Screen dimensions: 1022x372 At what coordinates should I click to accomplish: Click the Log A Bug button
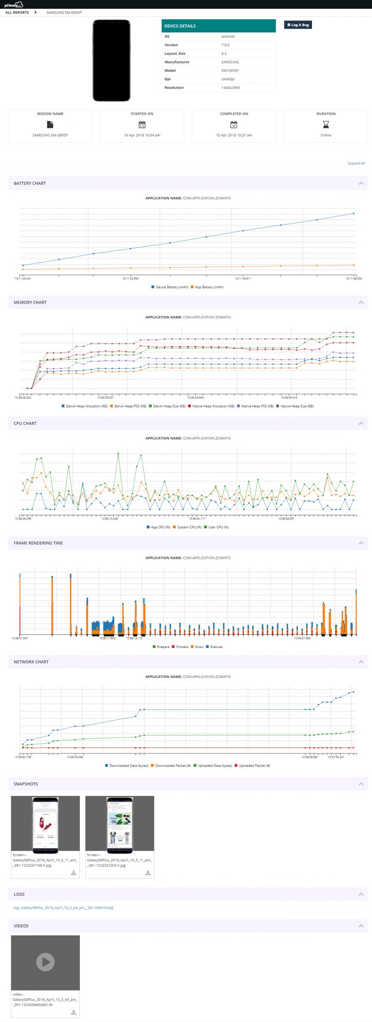click(x=298, y=25)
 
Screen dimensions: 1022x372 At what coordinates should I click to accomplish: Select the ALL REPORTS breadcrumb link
click(x=17, y=13)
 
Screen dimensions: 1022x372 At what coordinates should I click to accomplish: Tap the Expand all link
click(x=356, y=163)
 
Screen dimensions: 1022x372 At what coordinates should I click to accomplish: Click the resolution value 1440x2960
click(x=231, y=88)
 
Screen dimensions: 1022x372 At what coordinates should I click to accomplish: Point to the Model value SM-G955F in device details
click(x=230, y=71)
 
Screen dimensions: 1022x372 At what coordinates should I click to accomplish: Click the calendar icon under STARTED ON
click(x=142, y=124)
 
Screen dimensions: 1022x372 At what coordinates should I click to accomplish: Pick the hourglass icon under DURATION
click(x=325, y=124)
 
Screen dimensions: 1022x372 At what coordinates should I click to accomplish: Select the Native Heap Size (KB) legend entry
click(x=296, y=406)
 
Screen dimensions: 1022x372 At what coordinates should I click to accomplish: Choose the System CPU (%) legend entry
click(x=186, y=527)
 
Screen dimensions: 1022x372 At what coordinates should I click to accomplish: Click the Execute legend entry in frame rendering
click(x=216, y=646)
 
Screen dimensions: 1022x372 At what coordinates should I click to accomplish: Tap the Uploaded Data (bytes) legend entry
click(x=215, y=766)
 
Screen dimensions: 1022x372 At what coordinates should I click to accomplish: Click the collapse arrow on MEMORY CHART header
click(x=361, y=302)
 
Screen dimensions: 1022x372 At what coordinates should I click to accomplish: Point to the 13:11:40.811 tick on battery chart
click(x=243, y=278)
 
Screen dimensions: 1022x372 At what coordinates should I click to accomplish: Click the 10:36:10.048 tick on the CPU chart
click(x=109, y=518)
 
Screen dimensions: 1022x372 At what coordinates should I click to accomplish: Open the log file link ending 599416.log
click(x=63, y=908)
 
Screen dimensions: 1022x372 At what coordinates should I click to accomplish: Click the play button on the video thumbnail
click(x=45, y=962)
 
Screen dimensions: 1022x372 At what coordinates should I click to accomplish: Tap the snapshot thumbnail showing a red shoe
click(x=45, y=825)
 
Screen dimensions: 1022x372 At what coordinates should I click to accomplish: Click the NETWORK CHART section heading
click(x=31, y=662)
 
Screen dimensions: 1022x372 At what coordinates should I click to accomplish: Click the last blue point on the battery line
click(x=354, y=213)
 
